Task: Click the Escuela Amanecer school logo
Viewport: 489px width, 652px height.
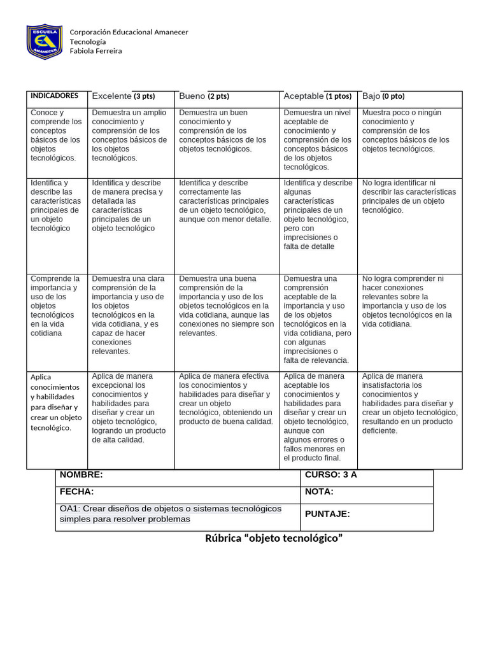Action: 44,41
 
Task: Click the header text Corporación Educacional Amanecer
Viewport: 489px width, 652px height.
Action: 129,32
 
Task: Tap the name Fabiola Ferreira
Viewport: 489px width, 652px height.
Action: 96,51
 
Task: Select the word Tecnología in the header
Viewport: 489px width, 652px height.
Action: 88,41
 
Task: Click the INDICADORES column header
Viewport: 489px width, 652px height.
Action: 55,96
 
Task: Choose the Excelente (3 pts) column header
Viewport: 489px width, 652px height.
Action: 124,96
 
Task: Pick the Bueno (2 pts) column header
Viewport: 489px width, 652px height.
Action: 204,96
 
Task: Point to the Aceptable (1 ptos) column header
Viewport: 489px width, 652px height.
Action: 317,96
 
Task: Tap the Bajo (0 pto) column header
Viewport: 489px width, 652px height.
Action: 383,96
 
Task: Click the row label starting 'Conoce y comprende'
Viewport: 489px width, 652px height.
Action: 56,135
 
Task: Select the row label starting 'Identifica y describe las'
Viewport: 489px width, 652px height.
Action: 55,205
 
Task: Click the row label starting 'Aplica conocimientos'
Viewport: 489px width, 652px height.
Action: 56,402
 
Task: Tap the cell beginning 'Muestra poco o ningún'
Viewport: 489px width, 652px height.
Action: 406,131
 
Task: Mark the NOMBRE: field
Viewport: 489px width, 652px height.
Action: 81,475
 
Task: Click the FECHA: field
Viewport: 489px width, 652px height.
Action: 76,492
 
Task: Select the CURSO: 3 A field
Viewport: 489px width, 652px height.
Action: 330,475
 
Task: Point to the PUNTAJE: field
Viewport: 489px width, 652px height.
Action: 327,514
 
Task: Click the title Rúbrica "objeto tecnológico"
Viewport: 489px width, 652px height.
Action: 274,539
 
